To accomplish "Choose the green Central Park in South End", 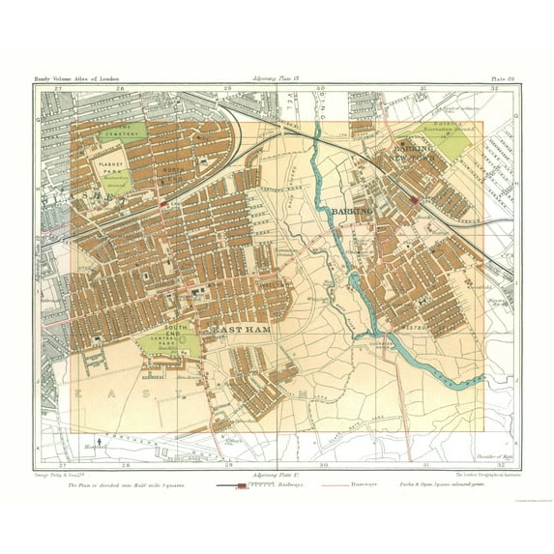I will (168, 339).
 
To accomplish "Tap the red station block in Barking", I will (414, 201).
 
